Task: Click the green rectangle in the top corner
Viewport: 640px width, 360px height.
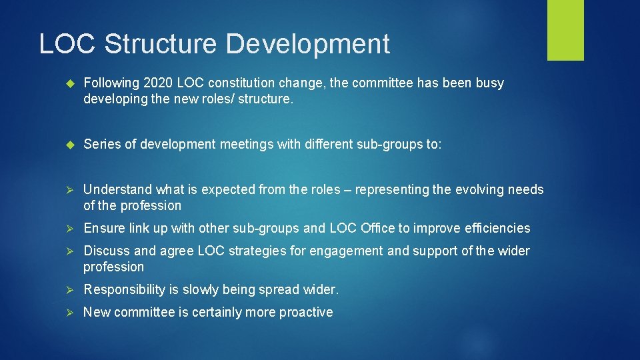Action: pyautogui.click(x=565, y=30)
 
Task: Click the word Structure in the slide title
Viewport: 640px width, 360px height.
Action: pyautogui.click(x=161, y=44)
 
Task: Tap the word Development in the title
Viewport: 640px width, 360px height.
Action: pyautogui.click(x=307, y=44)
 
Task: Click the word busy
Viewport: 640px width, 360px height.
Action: pyautogui.click(x=490, y=83)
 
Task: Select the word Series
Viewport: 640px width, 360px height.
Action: pyautogui.click(x=102, y=145)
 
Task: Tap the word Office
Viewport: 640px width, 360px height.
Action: pyautogui.click(x=377, y=229)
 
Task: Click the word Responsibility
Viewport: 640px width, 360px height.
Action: pyautogui.click(x=123, y=290)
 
